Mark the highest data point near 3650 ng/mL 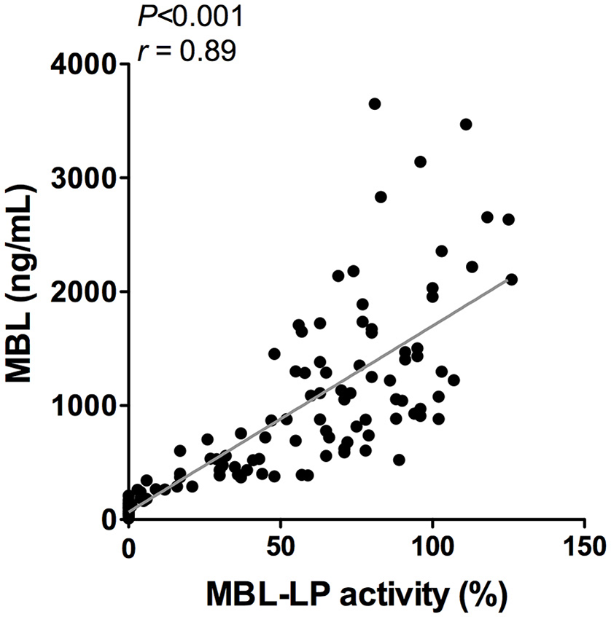pyautogui.click(x=375, y=104)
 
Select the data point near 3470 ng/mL pyautogui.click(x=466, y=125)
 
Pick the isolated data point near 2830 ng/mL pyautogui.click(x=381, y=197)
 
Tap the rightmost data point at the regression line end pyautogui.click(x=512, y=279)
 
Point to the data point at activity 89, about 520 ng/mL pyautogui.click(x=399, y=460)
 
